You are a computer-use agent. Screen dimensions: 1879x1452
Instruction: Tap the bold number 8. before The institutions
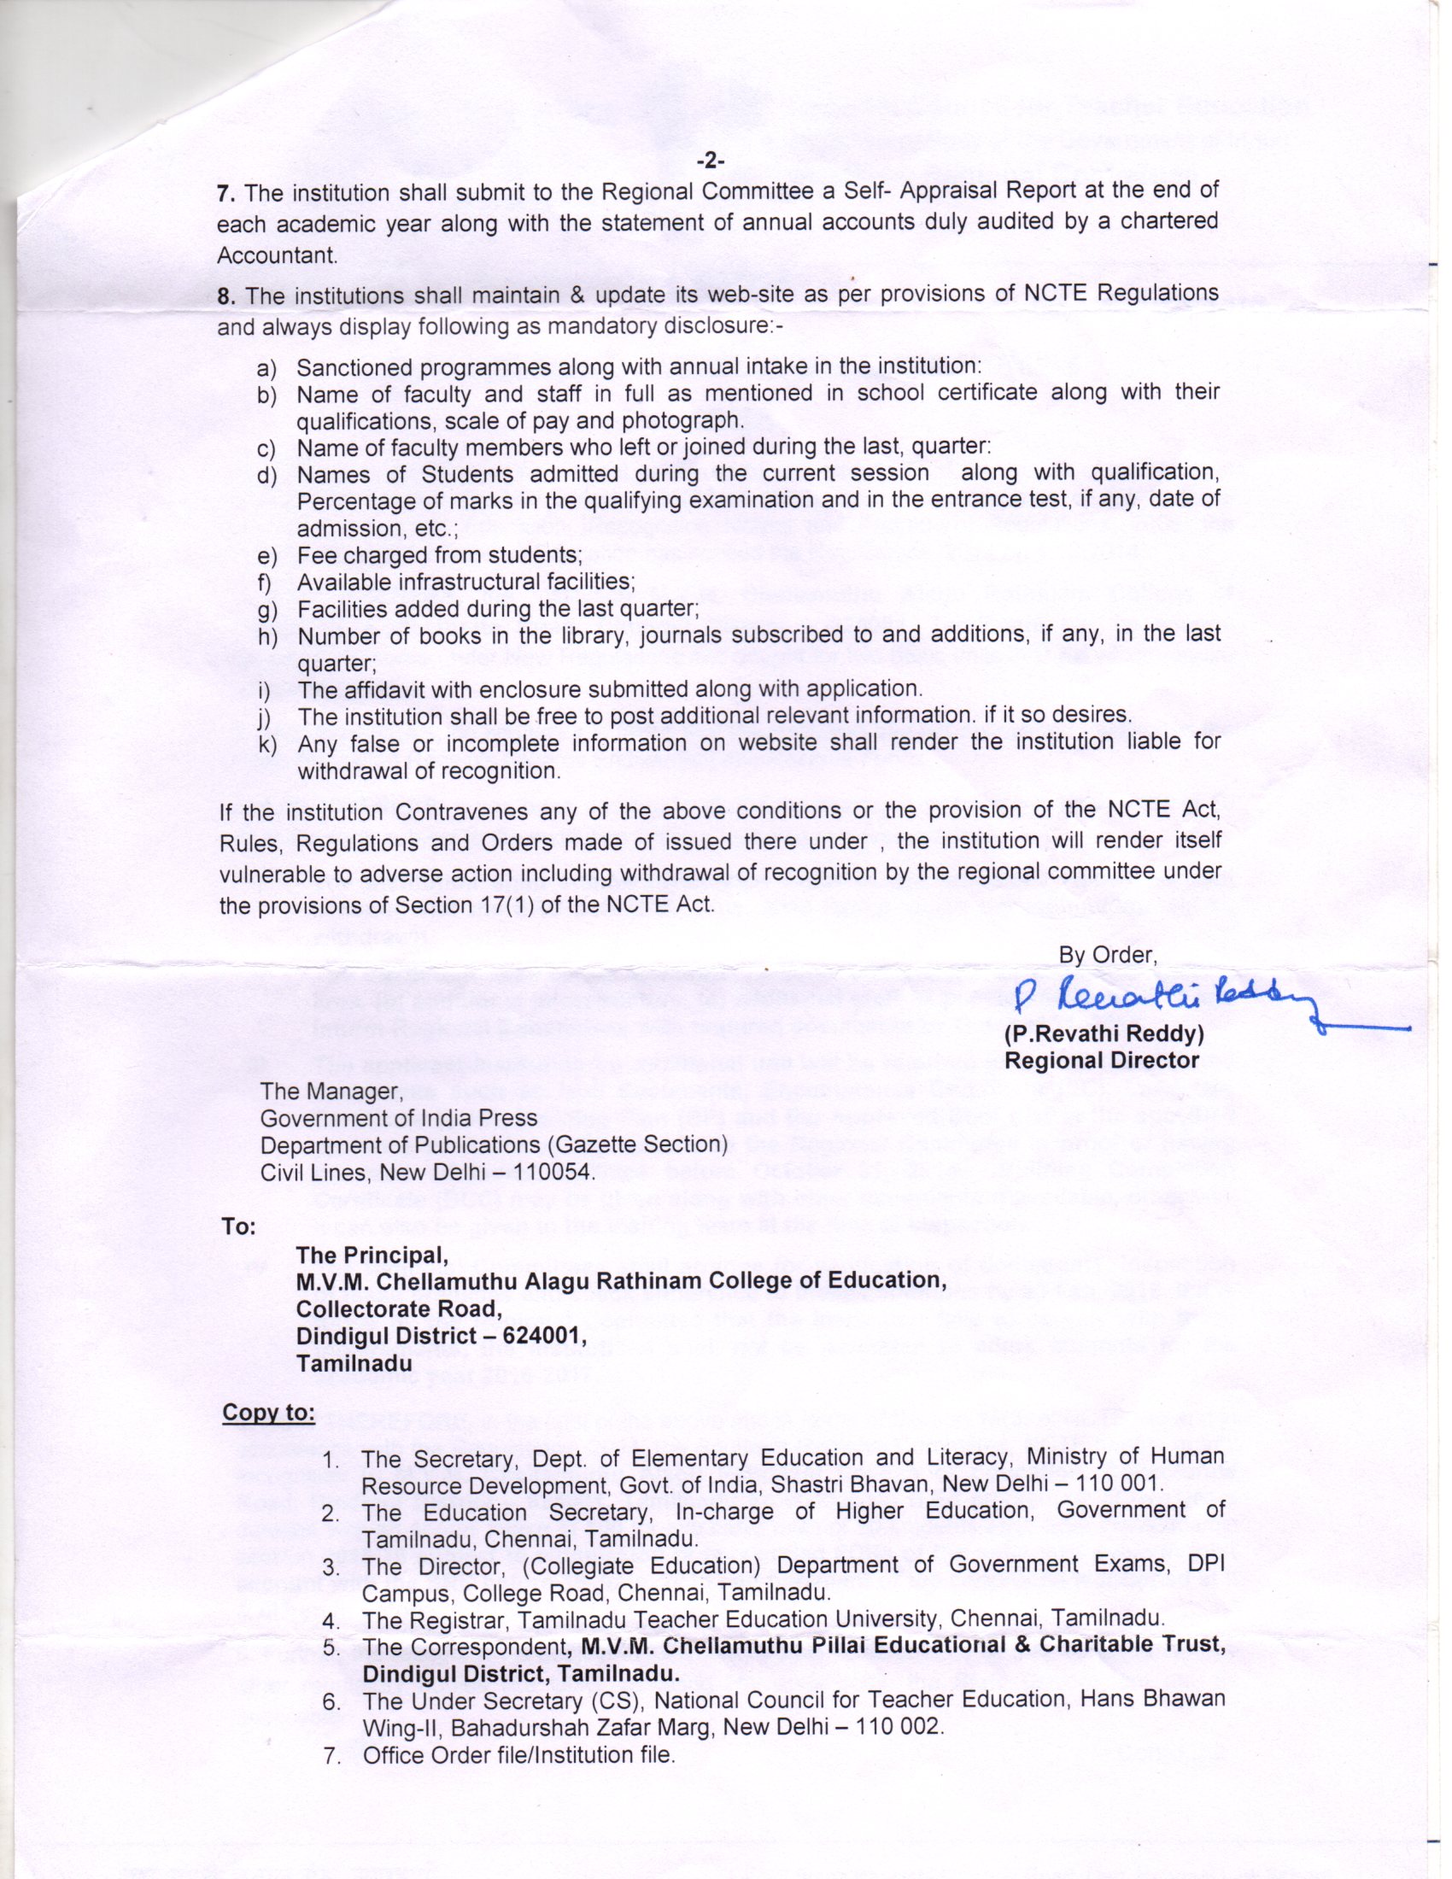(x=225, y=297)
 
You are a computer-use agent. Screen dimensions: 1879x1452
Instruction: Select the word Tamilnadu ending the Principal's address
(x=354, y=1363)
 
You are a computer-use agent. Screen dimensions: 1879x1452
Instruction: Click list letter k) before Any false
(x=266, y=745)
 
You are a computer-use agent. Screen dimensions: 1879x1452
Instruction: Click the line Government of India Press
(x=398, y=1118)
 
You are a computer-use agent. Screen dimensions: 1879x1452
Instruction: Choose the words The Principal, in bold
(x=372, y=1254)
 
